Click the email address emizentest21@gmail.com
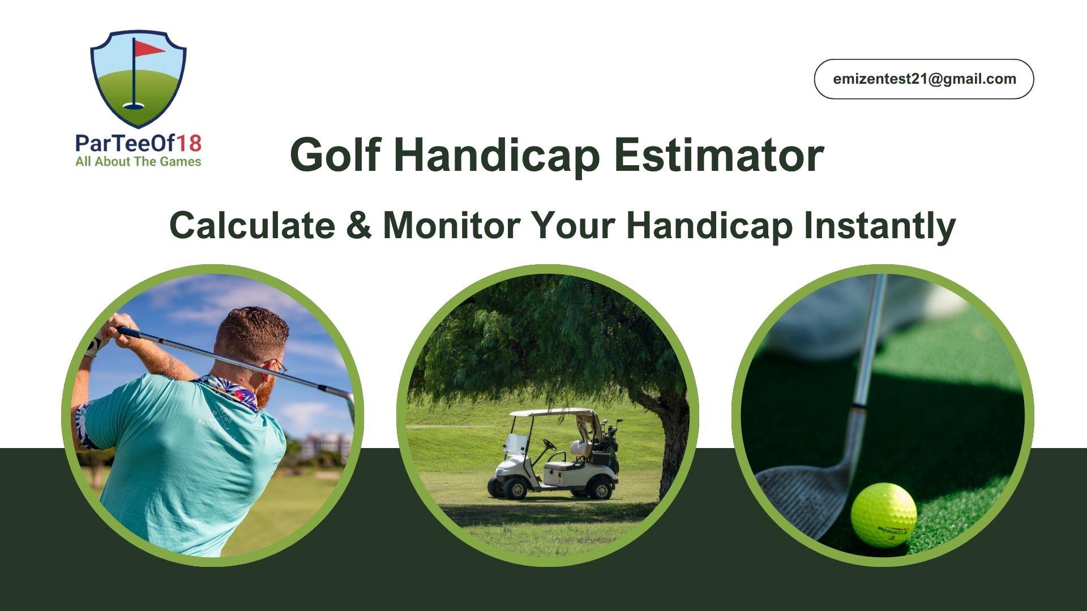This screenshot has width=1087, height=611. coord(924,79)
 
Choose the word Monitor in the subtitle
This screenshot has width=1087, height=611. coord(451,225)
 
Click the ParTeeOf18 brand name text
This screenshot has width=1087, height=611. coord(138,144)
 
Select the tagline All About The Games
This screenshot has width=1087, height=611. coord(138,162)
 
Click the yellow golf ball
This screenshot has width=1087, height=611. coord(884,514)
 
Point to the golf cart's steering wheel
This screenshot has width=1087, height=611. coord(550,445)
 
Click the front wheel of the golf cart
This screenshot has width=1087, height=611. coord(515,488)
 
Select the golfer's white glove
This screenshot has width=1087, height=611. coord(95,343)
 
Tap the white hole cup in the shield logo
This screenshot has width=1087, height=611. coord(134,105)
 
